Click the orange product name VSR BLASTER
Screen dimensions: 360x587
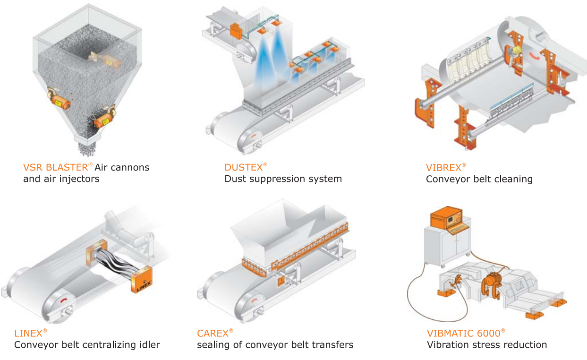coord(55,167)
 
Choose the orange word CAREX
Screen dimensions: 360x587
coord(213,333)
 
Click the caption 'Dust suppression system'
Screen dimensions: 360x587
coord(283,179)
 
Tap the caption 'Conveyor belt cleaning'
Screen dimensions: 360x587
coord(479,179)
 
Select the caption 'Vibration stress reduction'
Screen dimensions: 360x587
coord(487,345)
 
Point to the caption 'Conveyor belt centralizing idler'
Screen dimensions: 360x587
coord(87,345)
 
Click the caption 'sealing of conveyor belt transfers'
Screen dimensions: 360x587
coord(275,345)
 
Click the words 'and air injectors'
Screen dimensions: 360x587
coord(61,179)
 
